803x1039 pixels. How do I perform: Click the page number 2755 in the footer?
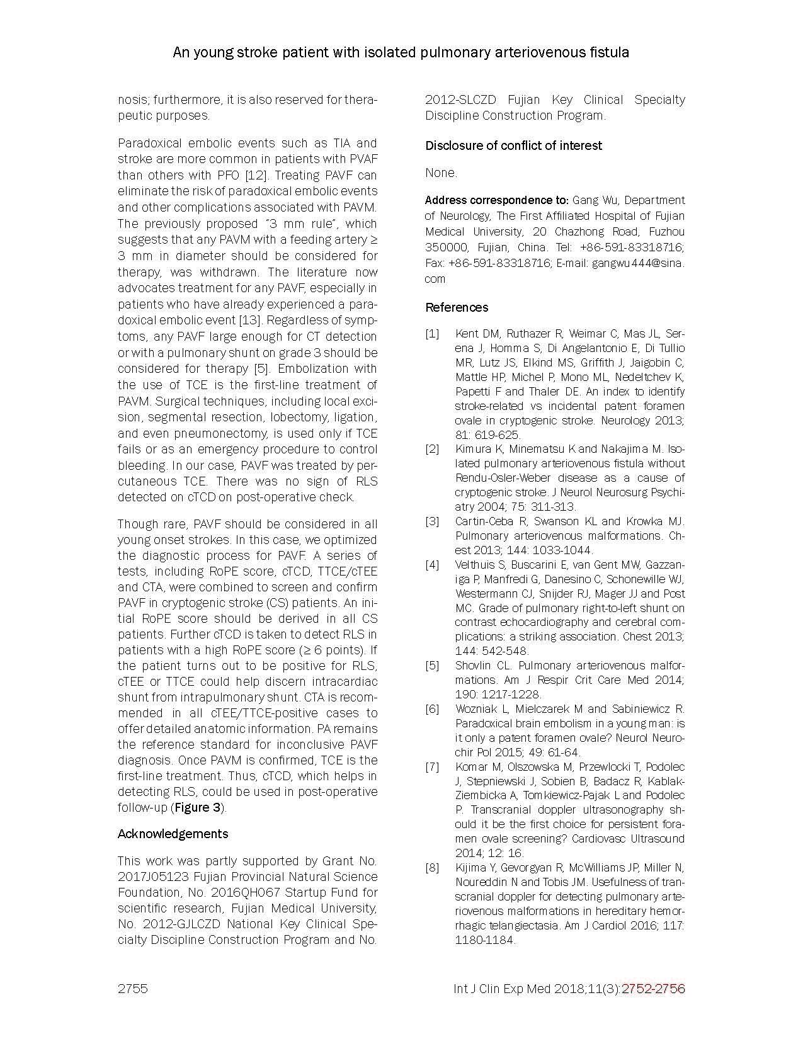point(132,989)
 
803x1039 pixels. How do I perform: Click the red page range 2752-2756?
point(653,989)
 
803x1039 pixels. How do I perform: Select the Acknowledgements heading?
point(173,834)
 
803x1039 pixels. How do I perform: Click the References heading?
point(457,307)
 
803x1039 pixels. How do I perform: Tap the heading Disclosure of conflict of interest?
point(513,145)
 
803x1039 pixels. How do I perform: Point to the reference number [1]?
point(432,334)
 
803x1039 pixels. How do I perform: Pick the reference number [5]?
point(432,666)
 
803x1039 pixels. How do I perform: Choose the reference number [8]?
point(432,868)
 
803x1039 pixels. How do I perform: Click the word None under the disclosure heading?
point(440,173)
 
